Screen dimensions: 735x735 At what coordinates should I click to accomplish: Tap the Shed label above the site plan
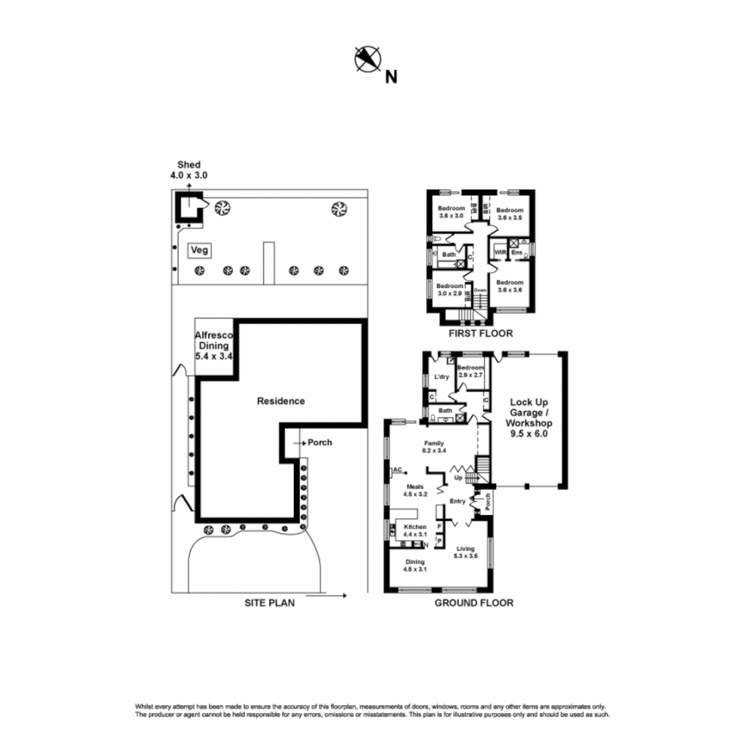(189, 170)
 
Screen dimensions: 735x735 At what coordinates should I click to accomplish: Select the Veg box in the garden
(199, 250)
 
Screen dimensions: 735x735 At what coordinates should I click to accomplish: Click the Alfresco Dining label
(214, 345)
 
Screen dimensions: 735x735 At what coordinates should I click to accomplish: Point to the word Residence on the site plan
(280, 401)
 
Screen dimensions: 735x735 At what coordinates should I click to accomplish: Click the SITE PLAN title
(270, 602)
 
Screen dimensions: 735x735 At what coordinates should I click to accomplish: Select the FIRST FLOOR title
(480, 333)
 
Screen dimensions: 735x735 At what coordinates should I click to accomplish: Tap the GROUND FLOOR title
(474, 602)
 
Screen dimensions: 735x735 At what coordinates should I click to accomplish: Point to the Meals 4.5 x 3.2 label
(416, 491)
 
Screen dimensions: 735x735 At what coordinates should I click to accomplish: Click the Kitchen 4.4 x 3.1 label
(415, 531)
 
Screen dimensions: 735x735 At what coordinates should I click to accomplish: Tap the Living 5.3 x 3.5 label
(466, 552)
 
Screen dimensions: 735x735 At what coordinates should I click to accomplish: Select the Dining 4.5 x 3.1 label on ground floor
(415, 566)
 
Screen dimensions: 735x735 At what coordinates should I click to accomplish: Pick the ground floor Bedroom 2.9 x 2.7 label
(470, 371)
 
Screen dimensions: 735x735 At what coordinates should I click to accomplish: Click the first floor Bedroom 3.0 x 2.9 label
(450, 289)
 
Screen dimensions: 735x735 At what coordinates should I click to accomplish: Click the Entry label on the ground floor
(457, 502)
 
